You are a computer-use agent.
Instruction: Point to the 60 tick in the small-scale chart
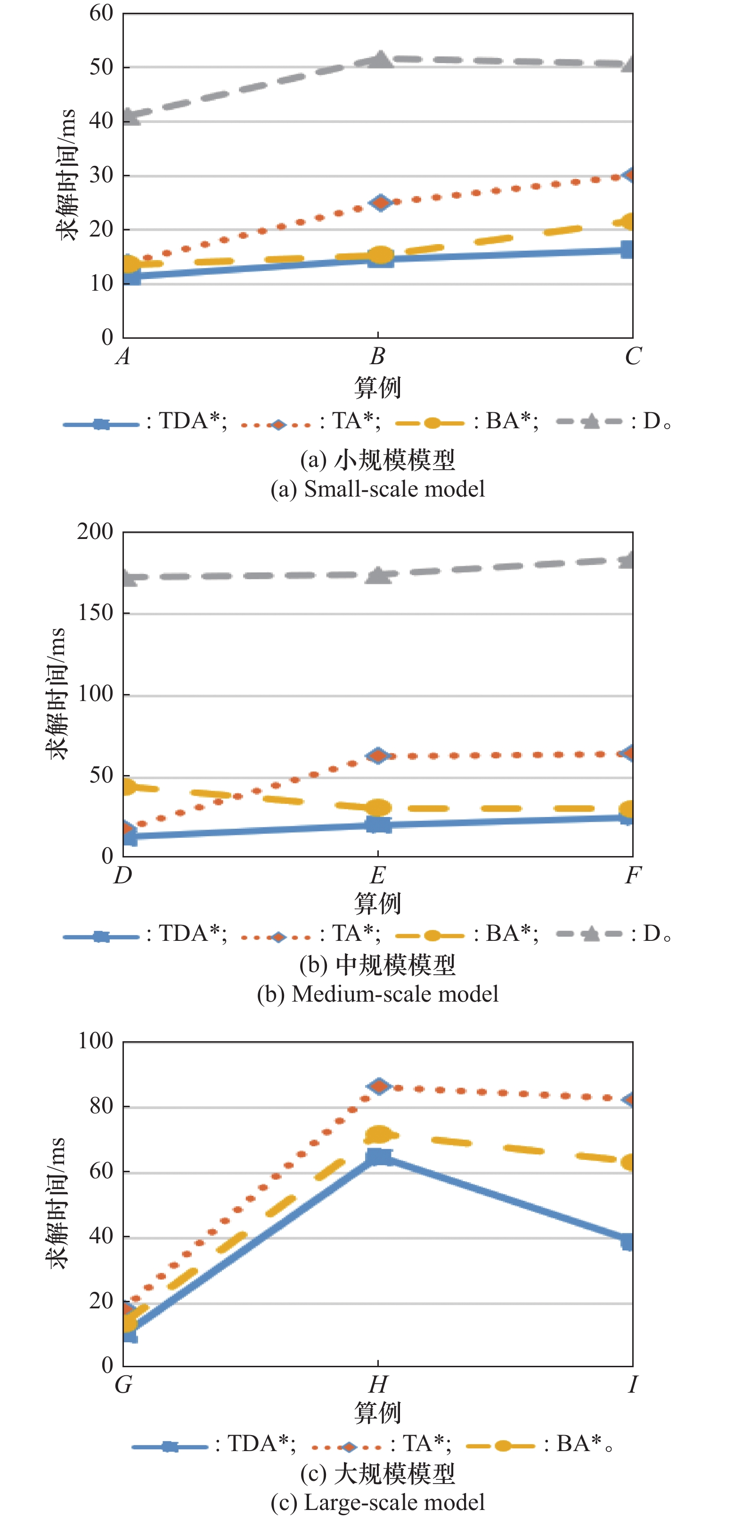pos(101,13)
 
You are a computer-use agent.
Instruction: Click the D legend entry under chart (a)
pos(613,421)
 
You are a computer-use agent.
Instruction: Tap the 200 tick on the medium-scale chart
pos(96,531)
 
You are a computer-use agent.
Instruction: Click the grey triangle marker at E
pos(378,575)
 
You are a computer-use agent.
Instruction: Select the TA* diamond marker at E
pos(378,755)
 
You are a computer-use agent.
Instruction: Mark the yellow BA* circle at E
pos(378,808)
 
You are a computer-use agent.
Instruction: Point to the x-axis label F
pos(632,875)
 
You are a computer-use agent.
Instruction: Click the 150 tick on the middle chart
pos(96,613)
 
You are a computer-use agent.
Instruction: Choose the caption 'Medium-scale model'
pos(378,994)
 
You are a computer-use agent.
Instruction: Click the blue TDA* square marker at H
pos(378,1157)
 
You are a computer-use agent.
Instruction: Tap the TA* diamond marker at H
pos(378,1086)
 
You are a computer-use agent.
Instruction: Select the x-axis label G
pos(122,1384)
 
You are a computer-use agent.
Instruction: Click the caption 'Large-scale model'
pos(378,1502)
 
